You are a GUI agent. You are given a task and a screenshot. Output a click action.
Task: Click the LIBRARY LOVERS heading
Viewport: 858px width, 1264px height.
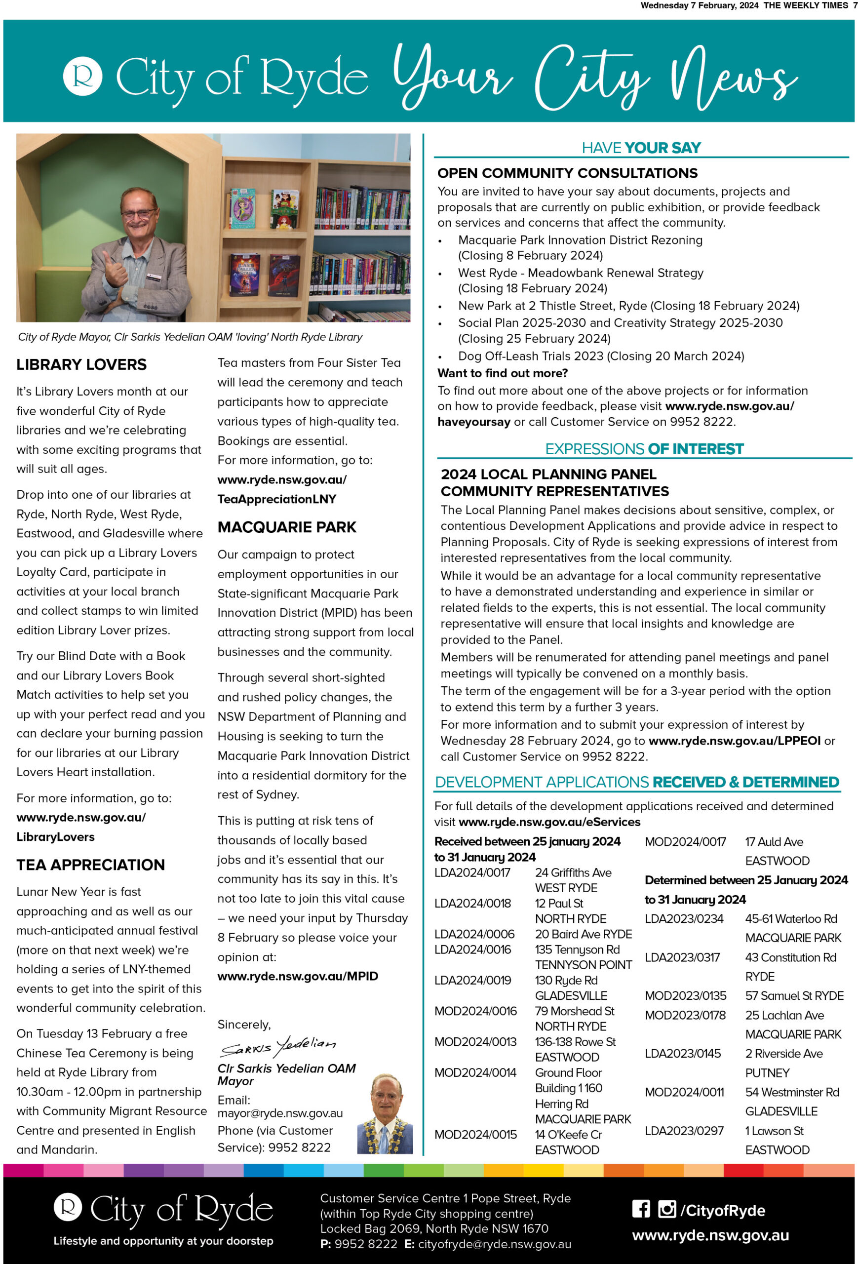tap(81, 364)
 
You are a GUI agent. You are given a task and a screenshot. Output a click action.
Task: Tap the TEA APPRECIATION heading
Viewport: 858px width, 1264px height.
tap(90, 865)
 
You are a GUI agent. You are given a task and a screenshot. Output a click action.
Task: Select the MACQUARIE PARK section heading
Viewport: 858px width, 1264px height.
tap(286, 527)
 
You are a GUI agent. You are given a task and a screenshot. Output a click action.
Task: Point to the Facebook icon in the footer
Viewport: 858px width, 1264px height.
tap(640, 1209)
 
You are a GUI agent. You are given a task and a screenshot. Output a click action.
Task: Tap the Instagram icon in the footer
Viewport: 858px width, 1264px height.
tap(666, 1209)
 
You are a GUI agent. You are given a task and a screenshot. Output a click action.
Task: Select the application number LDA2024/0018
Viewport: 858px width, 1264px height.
tap(472, 904)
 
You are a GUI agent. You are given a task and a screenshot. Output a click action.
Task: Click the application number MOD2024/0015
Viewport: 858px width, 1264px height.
tap(475, 1135)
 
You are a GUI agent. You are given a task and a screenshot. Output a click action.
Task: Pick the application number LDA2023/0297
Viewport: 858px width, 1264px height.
tap(683, 1131)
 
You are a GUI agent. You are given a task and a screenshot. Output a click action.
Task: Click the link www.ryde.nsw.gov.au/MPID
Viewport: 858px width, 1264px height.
tap(297, 976)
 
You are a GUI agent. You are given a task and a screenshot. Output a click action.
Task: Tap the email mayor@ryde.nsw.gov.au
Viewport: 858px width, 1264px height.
tap(280, 1113)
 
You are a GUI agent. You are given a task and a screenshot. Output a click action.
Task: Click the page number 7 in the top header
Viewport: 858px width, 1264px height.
tap(855, 5)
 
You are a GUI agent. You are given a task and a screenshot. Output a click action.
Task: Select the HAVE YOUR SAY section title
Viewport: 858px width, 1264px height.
tap(641, 148)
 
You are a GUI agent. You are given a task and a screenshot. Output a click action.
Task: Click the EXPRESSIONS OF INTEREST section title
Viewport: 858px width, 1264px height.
tap(644, 449)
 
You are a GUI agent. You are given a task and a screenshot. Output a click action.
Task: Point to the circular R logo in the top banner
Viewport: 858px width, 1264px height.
tap(82, 76)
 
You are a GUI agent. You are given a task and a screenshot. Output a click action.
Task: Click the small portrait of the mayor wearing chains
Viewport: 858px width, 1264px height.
tap(385, 1114)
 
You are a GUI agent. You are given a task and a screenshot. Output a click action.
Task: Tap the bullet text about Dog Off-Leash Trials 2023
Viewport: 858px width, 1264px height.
tap(601, 356)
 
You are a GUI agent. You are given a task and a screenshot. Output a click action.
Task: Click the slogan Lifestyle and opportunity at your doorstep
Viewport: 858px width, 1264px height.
tap(163, 1241)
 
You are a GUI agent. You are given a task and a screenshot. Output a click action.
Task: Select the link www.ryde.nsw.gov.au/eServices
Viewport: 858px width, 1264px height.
tap(549, 822)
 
